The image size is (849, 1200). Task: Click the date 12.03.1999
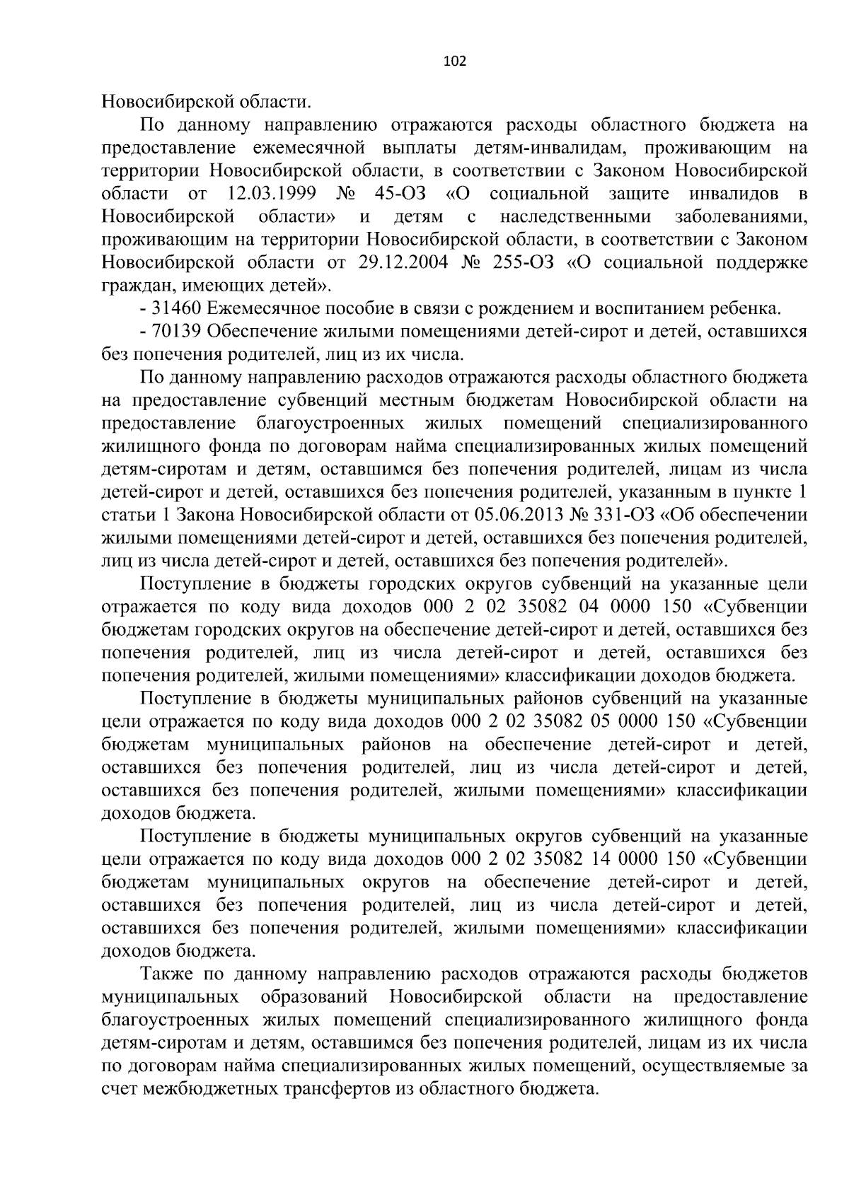(272, 194)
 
